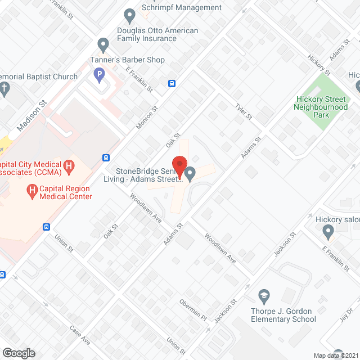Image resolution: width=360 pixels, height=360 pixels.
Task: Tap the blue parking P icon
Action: point(99,75)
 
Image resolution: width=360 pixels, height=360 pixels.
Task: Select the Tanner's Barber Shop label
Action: point(128,60)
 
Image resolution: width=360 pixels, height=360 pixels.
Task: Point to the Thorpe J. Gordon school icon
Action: point(263,296)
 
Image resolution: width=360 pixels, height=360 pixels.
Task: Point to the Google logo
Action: point(18,353)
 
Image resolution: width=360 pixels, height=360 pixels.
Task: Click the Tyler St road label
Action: point(244,111)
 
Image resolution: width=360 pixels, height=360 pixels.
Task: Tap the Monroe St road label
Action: point(147,119)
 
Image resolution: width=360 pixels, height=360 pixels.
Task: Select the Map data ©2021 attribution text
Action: point(336,355)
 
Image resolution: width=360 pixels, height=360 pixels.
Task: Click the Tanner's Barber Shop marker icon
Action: point(102,44)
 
